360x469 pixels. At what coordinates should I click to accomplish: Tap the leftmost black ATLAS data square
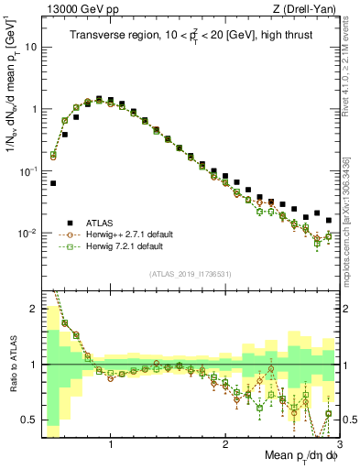click(53, 183)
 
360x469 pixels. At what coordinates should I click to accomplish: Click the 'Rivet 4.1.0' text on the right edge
click(352, 52)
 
